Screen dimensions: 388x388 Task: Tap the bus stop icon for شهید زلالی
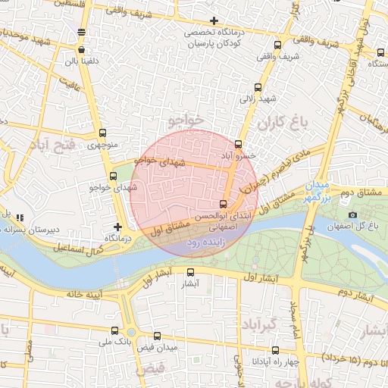click(258, 87)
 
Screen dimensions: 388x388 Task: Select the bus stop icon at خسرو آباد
click(239, 143)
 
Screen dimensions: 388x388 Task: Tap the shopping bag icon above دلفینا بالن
click(81, 32)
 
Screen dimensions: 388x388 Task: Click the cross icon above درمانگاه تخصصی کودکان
click(214, 20)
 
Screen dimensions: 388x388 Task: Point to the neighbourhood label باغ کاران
click(280, 122)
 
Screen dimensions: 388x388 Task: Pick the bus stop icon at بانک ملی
click(114, 330)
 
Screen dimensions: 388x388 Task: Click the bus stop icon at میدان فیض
click(157, 336)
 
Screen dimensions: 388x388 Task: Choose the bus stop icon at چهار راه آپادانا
click(274, 350)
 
